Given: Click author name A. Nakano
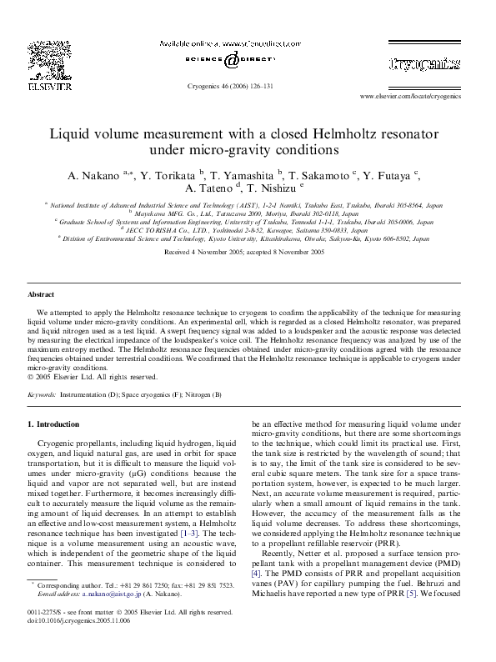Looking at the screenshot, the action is point(93,176).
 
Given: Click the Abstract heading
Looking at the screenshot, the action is point(41,295).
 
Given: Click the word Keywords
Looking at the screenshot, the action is point(42,394).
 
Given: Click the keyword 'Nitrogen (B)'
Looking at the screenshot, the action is point(203,394).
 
